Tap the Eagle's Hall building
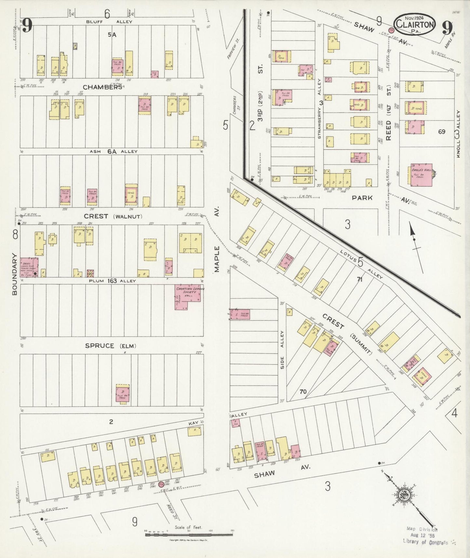pyautogui.click(x=421, y=175)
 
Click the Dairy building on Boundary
pyautogui.click(x=29, y=267)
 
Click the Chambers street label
pyautogui.click(x=102, y=87)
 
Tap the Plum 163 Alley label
pyautogui.click(x=112, y=281)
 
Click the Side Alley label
pyautogui.click(x=282, y=350)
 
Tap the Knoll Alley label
pyautogui.click(x=458, y=134)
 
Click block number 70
pyautogui.click(x=303, y=392)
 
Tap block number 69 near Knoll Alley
pyautogui.click(x=441, y=132)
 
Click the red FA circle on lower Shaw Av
pyautogui.click(x=161, y=484)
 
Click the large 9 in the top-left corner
pyautogui.click(x=27, y=26)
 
